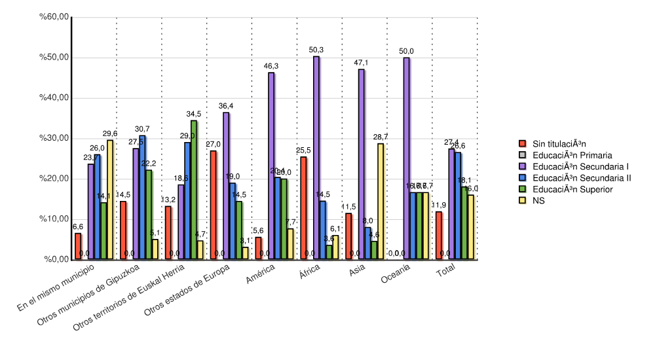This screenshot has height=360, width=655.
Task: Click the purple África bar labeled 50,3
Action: (x=316, y=158)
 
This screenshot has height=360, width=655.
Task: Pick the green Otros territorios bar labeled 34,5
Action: (x=194, y=190)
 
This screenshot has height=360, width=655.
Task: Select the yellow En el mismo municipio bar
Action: (x=110, y=200)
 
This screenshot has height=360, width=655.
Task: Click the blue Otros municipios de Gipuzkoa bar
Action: (x=142, y=197)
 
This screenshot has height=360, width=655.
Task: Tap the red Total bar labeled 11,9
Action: (x=439, y=236)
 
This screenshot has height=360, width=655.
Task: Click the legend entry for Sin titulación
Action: (x=559, y=143)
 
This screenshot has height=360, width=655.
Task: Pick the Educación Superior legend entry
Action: (x=572, y=189)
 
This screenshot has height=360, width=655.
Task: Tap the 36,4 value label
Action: (x=226, y=106)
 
